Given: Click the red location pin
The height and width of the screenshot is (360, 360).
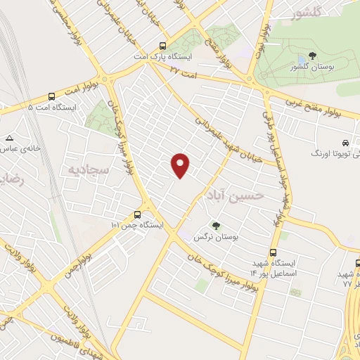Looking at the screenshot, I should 181,164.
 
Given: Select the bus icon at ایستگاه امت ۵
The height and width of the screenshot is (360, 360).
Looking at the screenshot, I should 51,97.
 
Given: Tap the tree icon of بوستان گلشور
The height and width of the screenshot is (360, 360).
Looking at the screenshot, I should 313,56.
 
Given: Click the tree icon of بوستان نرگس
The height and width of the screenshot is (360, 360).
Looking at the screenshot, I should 216,226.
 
